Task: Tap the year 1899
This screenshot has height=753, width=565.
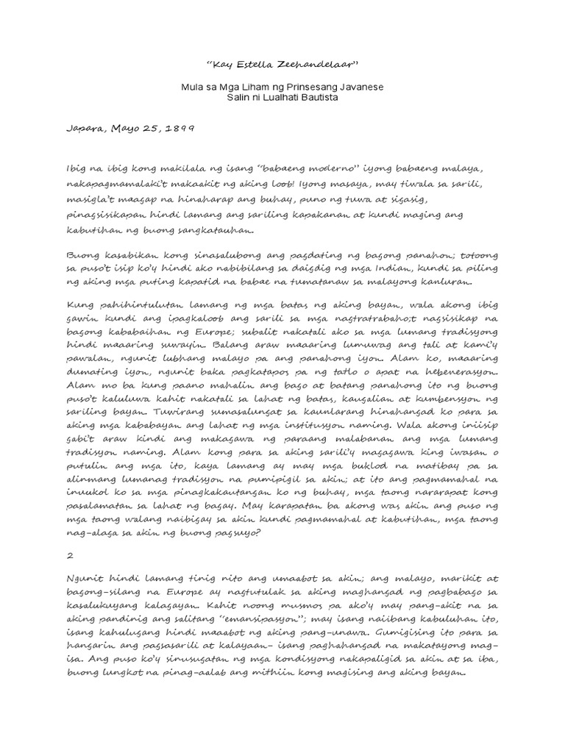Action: click(x=178, y=127)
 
